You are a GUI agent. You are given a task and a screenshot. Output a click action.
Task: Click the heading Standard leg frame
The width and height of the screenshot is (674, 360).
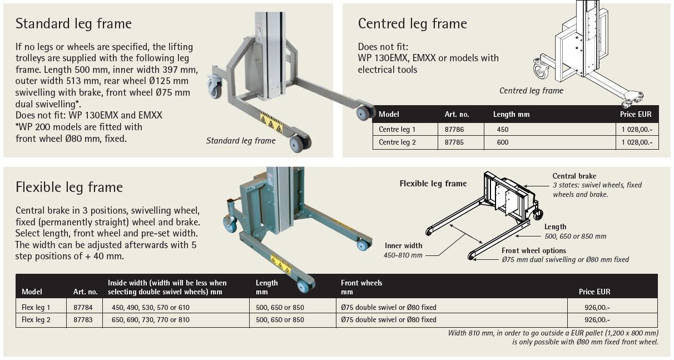click(73, 24)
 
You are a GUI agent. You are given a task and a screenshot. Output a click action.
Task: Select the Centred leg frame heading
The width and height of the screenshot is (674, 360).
click(412, 23)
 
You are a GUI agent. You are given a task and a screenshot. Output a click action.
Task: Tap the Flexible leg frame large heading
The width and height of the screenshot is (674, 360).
click(69, 187)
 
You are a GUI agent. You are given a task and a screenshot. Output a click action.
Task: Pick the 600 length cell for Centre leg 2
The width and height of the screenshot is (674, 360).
click(503, 142)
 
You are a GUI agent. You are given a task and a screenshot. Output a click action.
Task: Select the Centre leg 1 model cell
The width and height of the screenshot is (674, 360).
click(397, 129)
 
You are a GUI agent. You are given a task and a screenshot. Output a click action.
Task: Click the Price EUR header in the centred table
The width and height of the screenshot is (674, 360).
click(636, 115)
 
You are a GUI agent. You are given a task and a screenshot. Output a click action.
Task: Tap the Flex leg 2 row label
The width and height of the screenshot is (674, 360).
click(36, 320)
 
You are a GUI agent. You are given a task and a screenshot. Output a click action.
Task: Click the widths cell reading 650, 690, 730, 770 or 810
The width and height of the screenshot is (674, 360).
click(150, 320)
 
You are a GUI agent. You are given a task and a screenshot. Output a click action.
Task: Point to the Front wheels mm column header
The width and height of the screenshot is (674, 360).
click(361, 287)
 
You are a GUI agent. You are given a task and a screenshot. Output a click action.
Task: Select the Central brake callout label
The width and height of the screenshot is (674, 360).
click(574, 176)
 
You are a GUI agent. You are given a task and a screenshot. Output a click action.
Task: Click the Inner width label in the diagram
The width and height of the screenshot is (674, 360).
click(403, 245)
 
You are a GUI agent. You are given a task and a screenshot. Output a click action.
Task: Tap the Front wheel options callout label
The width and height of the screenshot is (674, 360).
click(533, 251)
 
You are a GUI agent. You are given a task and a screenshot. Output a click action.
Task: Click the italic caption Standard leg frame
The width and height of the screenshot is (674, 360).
click(241, 141)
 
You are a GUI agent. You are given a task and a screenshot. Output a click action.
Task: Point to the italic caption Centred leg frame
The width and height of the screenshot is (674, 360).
click(531, 91)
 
